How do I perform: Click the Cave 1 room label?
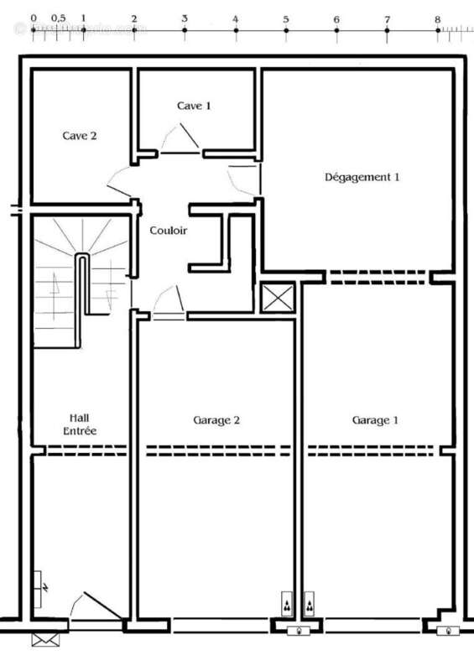coord(194,106)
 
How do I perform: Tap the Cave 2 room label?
coord(80,135)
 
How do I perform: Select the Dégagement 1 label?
coord(362,177)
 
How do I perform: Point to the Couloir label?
coord(168,231)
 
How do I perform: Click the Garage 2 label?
coord(217,420)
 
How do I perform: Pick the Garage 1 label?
coord(375,420)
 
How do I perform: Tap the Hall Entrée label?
coord(81,424)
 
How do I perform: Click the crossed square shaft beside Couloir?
coord(277,297)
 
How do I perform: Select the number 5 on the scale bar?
coord(286,18)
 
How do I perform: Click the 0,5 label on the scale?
coord(59,18)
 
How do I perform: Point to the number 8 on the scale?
coord(437,18)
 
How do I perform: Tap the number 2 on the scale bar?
coord(134,18)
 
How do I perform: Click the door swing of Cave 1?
coord(180,139)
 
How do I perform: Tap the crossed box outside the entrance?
coord(40,639)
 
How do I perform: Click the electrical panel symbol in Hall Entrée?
coord(42,581)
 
